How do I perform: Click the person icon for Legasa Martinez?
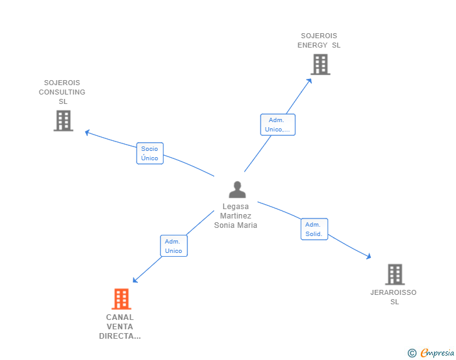pos(237,189)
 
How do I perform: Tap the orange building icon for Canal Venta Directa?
pos(121,299)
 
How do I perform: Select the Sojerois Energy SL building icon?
pos(320,64)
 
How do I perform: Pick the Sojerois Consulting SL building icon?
pos(63,120)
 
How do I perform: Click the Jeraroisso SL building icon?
pos(394,274)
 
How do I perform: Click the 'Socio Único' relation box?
pos(150,153)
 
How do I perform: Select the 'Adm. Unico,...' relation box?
pos(277,125)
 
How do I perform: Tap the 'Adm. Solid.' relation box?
pos(314,229)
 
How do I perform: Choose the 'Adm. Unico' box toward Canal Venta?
pos(174,246)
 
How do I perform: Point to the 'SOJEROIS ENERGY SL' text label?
pos(319,40)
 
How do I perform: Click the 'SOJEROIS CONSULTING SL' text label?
pos(62,91)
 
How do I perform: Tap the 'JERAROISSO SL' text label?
pos(393,297)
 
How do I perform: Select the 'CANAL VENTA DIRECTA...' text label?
pos(120,326)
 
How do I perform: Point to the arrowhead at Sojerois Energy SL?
pos(310,79)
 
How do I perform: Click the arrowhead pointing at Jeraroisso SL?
pos(369,256)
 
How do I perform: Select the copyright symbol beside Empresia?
pos(412,353)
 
